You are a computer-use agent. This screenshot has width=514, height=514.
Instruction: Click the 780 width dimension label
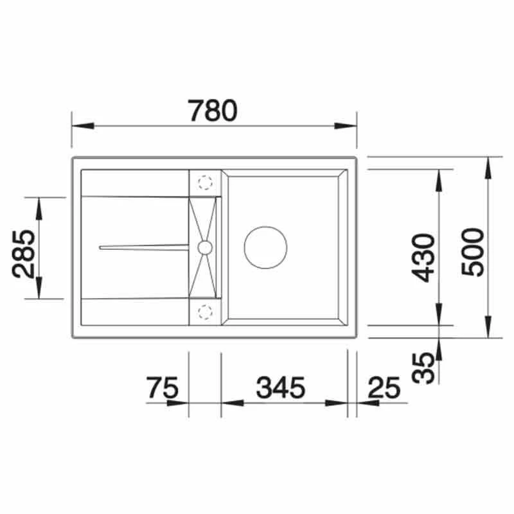coord(213,111)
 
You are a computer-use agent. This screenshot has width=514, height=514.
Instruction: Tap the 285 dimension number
coord(23,254)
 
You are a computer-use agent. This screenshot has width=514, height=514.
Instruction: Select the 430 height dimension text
coord(423,258)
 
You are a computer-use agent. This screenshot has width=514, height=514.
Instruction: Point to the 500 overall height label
coord(472,252)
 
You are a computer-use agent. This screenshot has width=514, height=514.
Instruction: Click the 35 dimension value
coord(423,368)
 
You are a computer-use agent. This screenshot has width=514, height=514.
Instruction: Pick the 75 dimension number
coord(163,387)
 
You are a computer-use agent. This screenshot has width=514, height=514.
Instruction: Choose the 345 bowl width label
coord(281,387)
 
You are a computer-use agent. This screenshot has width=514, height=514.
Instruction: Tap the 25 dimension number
coord(384,387)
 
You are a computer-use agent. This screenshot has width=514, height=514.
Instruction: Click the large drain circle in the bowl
coord(265,247)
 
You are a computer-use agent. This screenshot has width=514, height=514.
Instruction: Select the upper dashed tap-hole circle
coord(205,182)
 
